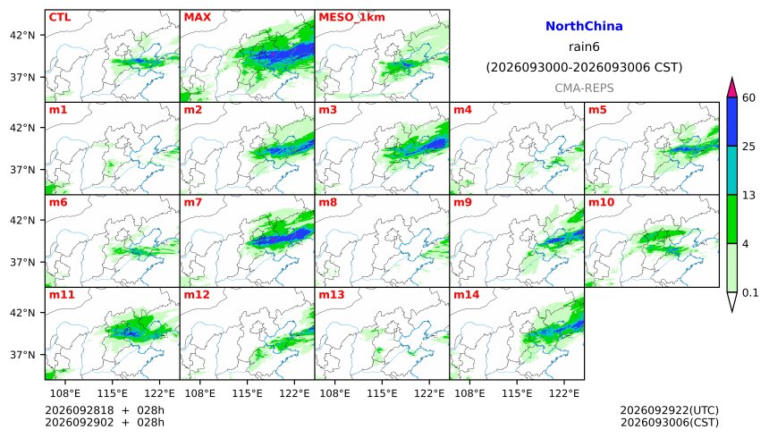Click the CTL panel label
pos(59,17)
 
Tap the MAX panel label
pos(197,17)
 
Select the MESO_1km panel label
pos(351,18)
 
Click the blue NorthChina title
pos(584,27)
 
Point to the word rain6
pos(584,47)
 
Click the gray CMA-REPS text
pos(584,88)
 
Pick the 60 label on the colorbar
pos(748,97)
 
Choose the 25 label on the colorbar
pos(748,147)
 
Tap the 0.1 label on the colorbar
pos(750,293)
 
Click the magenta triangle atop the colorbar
pos(731,88)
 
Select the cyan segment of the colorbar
pos(731,170)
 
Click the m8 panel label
pos(327,203)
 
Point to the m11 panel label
pos(62,295)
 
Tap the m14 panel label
pos(467,295)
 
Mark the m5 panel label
pos(597,110)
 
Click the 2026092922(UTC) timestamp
pos(670,410)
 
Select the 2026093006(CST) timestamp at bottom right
pos(670,422)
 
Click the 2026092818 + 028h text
pos(105,410)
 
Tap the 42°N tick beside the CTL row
pos(22,36)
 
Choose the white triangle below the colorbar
pos(731,301)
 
